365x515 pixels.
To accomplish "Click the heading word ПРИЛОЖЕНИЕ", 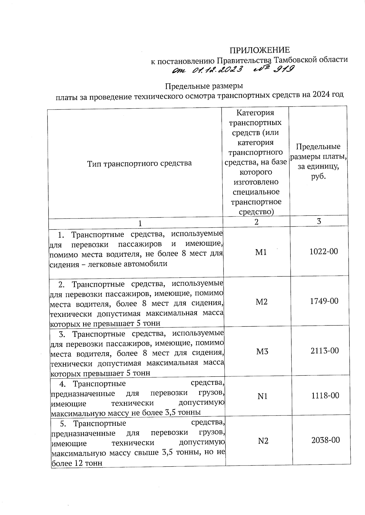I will click(259, 50).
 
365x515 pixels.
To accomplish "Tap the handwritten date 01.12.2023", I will click(218, 70).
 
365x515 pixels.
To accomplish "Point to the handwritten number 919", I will click(283, 69).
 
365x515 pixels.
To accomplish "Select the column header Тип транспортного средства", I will click(139, 164).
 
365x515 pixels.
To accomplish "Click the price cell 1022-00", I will click(324, 251).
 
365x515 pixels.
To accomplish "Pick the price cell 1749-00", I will click(324, 301).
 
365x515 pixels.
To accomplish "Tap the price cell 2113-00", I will click(325, 351).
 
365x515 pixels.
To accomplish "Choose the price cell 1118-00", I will click(325, 395).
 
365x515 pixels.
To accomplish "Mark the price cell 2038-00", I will click(325, 440).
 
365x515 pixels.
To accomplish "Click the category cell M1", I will click(261, 252).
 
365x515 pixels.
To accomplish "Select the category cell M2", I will click(262, 302).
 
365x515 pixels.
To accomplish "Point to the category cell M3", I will click(262, 351).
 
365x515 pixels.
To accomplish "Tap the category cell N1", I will click(262, 396).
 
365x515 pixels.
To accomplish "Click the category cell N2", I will click(263, 441).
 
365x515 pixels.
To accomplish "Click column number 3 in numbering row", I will click(319, 221).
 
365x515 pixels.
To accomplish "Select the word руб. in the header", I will click(318, 176).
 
